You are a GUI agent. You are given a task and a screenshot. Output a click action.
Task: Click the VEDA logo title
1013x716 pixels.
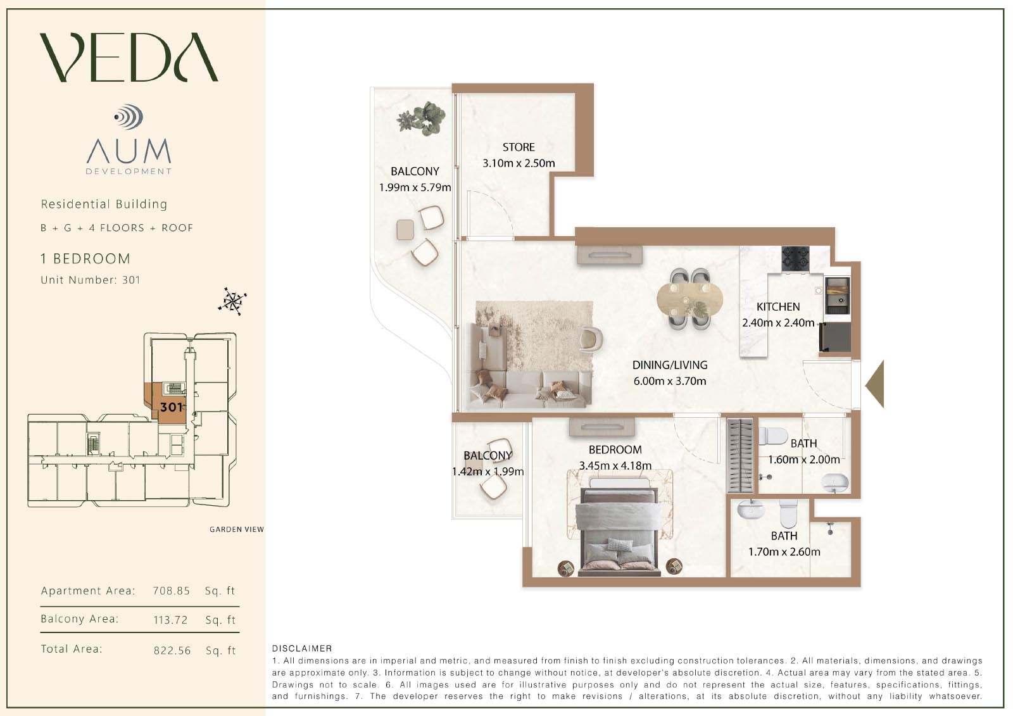pyautogui.click(x=129, y=57)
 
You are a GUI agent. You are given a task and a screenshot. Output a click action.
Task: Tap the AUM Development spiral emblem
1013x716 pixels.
pyautogui.click(x=129, y=117)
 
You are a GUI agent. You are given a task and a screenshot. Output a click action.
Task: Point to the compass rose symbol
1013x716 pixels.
pyautogui.click(x=232, y=301)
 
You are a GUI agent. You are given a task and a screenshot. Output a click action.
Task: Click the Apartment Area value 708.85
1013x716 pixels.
pyautogui.click(x=172, y=591)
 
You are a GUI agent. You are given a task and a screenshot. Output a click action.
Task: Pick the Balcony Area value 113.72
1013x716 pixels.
pyautogui.click(x=170, y=620)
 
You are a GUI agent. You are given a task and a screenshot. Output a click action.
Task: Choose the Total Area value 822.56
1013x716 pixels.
pyautogui.click(x=172, y=650)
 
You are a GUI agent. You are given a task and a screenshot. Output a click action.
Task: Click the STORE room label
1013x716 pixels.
pyautogui.click(x=519, y=147)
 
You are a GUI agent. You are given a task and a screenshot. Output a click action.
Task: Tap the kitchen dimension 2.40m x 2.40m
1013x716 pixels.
pyautogui.click(x=778, y=322)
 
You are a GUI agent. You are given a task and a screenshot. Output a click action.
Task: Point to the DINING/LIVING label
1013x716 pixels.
pyautogui.click(x=670, y=365)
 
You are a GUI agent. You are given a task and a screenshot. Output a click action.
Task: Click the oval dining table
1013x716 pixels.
pyautogui.click(x=689, y=299)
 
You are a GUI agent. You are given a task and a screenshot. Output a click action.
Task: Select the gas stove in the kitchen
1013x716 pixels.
pyautogui.click(x=795, y=259)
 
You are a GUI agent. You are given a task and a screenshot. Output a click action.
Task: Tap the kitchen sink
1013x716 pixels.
pyautogui.click(x=838, y=296)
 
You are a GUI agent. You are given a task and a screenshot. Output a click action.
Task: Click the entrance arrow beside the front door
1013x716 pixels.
pyautogui.click(x=874, y=384)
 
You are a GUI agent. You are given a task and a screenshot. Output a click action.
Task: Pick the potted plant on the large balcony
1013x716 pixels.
pyautogui.click(x=422, y=118)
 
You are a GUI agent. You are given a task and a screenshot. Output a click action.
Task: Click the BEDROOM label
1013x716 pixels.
pyautogui.click(x=615, y=449)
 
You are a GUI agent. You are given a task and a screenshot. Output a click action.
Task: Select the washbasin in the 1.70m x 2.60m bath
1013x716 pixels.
pyautogui.click(x=751, y=509)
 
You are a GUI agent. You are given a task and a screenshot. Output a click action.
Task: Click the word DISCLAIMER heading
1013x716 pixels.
pyautogui.click(x=302, y=649)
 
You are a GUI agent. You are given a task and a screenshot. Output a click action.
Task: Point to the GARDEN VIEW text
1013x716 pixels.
pyautogui.click(x=237, y=529)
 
